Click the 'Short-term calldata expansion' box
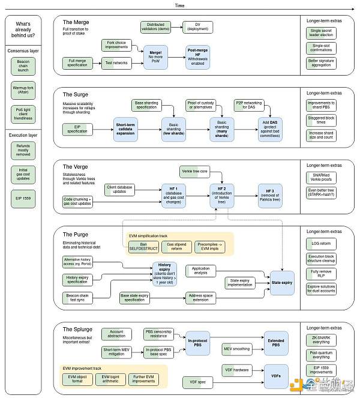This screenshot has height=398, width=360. coord(126,129)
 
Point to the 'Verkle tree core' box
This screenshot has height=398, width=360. coord(195,172)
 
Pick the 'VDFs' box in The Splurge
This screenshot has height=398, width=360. coord(275,376)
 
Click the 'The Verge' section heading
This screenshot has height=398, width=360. coord(75,166)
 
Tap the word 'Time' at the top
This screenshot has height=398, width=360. coord(179,5)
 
